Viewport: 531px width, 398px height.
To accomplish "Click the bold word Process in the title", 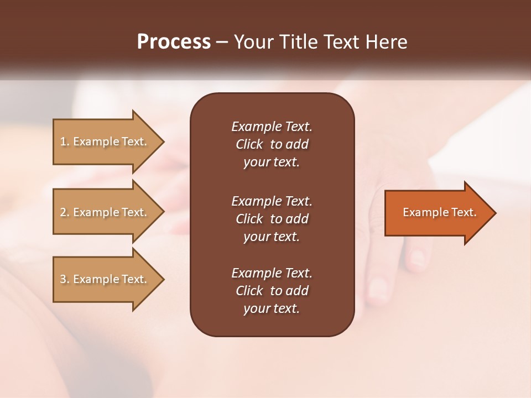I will pos(174,42).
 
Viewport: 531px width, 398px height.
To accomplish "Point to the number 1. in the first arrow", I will pos(65,142).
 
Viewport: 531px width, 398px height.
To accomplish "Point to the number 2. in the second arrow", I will pos(65,212).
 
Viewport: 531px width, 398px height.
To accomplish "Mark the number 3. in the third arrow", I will pos(65,279).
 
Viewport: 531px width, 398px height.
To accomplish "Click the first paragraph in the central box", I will pos(272,144).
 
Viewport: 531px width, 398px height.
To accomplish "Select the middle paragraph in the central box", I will pos(272,219).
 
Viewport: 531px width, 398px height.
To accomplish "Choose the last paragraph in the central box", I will pos(272,291).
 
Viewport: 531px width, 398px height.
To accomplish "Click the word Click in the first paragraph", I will pos(249,144).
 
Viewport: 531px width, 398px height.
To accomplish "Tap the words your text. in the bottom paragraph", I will pos(272,309).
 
